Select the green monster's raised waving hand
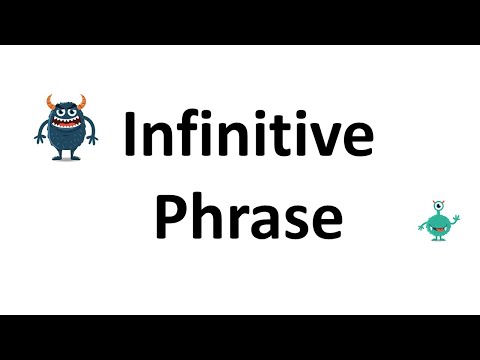click(455, 212)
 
